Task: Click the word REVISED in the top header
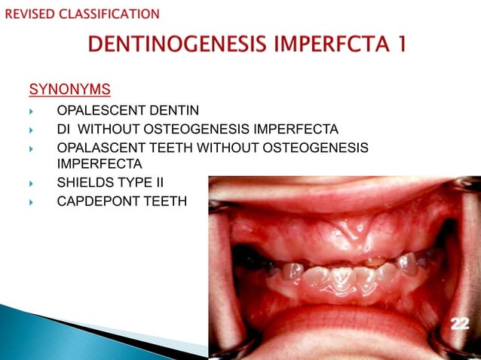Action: point(29,14)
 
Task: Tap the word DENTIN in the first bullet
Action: point(173,111)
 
